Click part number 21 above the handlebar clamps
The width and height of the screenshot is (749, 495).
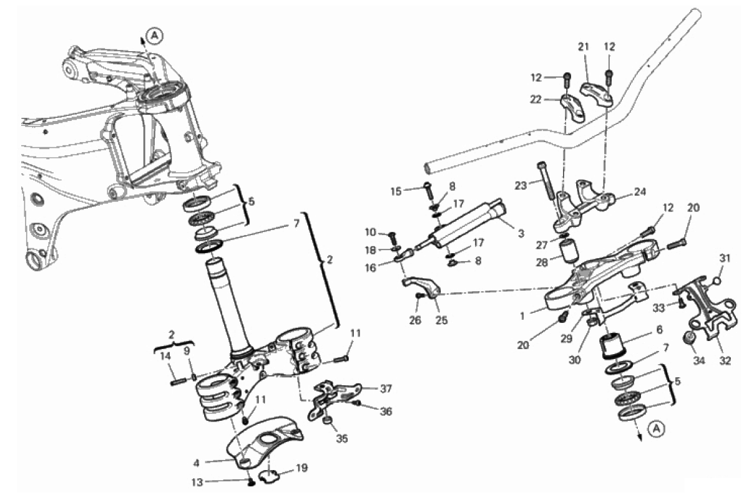[583, 46]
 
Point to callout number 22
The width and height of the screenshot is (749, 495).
[536, 99]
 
